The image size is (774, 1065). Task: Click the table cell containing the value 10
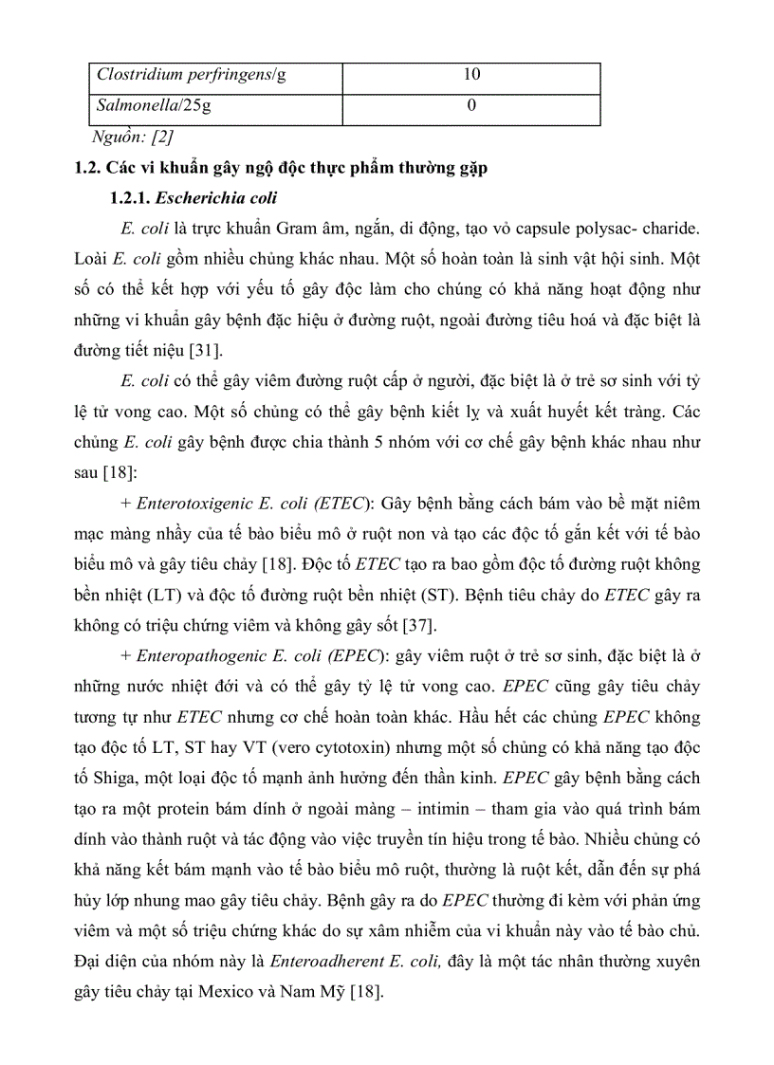[471, 75]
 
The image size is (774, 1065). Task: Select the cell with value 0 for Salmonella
[471, 105]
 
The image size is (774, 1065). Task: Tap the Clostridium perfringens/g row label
[191, 75]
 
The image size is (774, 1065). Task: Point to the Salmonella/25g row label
[153, 105]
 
